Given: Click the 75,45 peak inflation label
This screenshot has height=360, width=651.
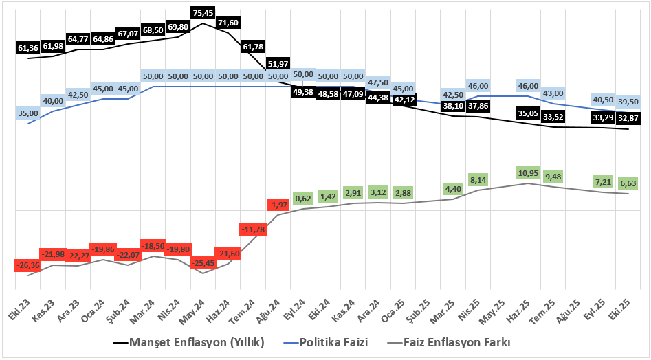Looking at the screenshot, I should click(203, 12).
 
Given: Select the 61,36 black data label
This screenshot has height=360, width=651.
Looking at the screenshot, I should click(28, 48).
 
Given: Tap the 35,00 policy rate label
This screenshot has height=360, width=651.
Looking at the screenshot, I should click(28, 113).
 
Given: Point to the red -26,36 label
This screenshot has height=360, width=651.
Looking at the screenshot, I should click(28, 265).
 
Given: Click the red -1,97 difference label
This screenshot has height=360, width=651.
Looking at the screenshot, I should click(278, 205).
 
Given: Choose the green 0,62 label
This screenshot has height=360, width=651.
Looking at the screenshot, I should click(303, 199).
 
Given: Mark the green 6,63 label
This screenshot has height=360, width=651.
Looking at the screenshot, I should click(628, 183).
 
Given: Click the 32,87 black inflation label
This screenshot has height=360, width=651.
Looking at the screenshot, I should click(628, 118).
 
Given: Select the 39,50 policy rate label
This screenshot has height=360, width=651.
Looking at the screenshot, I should click(628, 101).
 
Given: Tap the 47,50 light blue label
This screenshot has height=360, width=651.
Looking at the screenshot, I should click(378, 82).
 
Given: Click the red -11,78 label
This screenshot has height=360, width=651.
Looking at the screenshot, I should click(253, 229).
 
